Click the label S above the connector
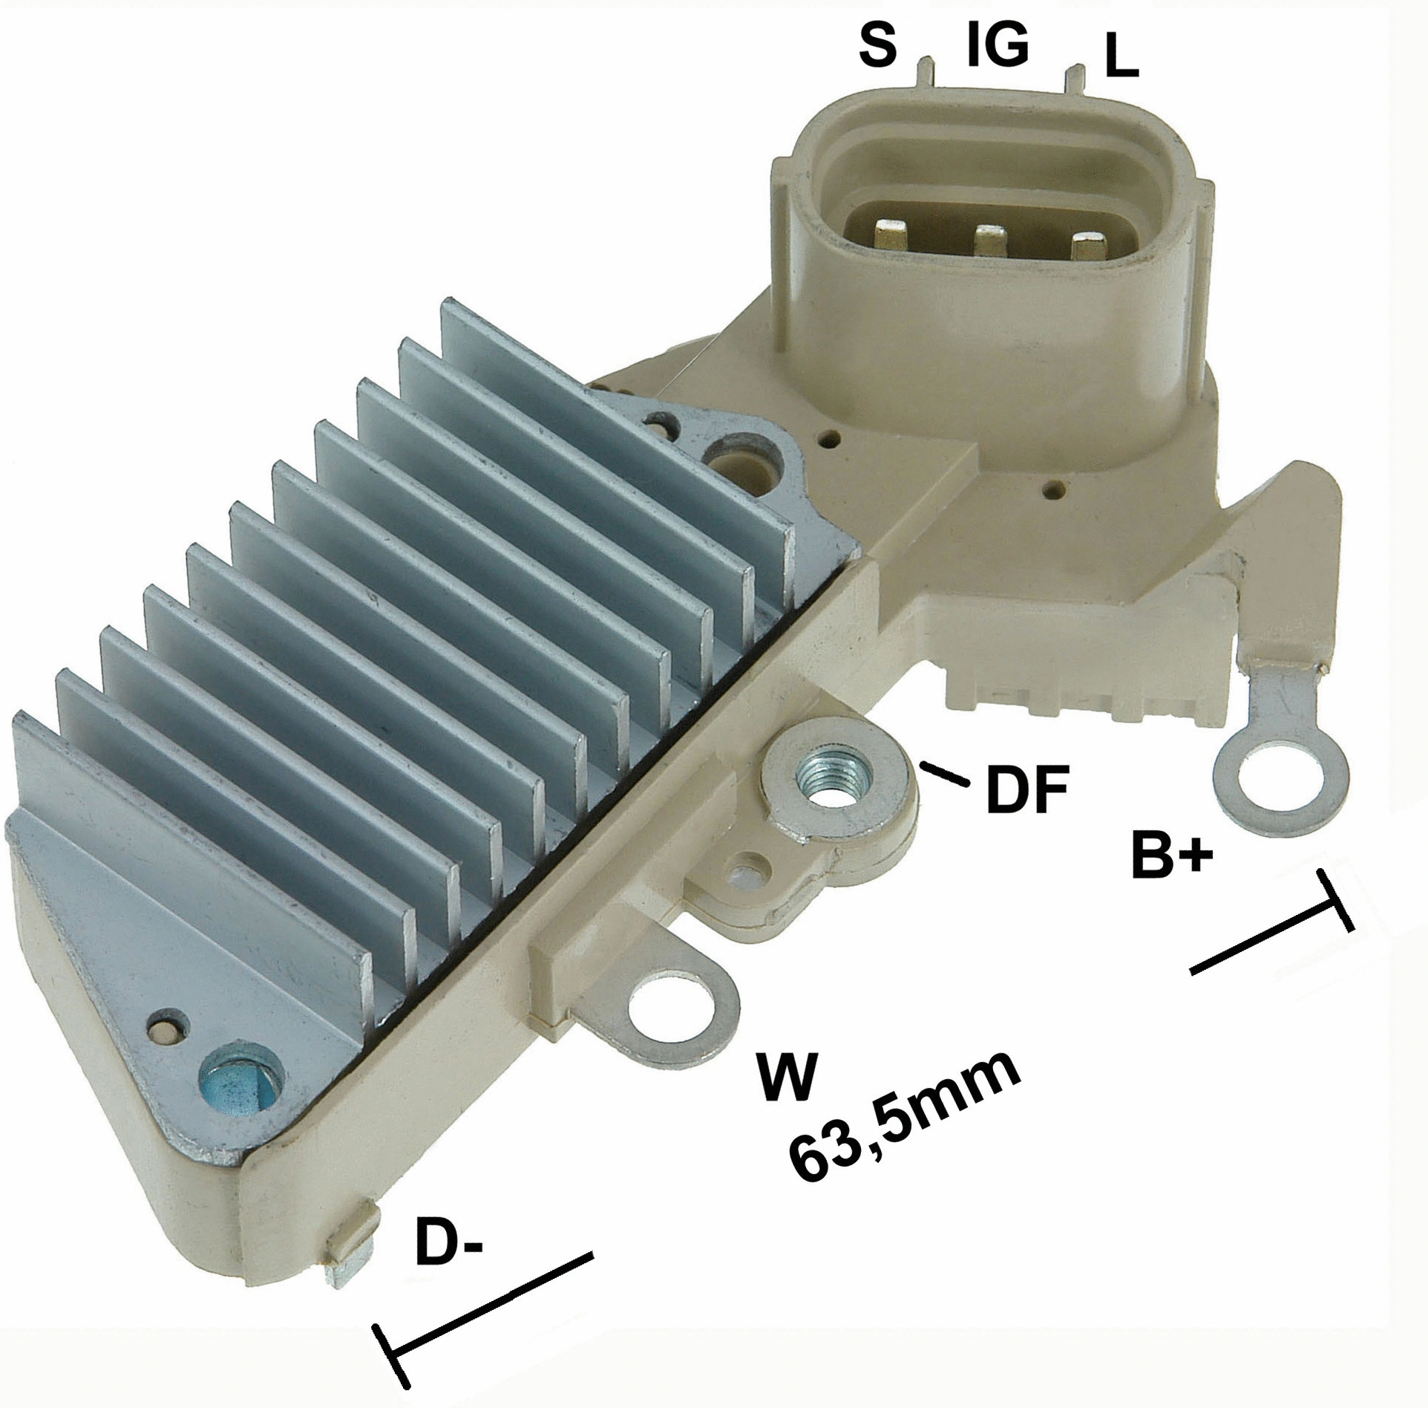[877, 47]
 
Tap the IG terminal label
[998, 45]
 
